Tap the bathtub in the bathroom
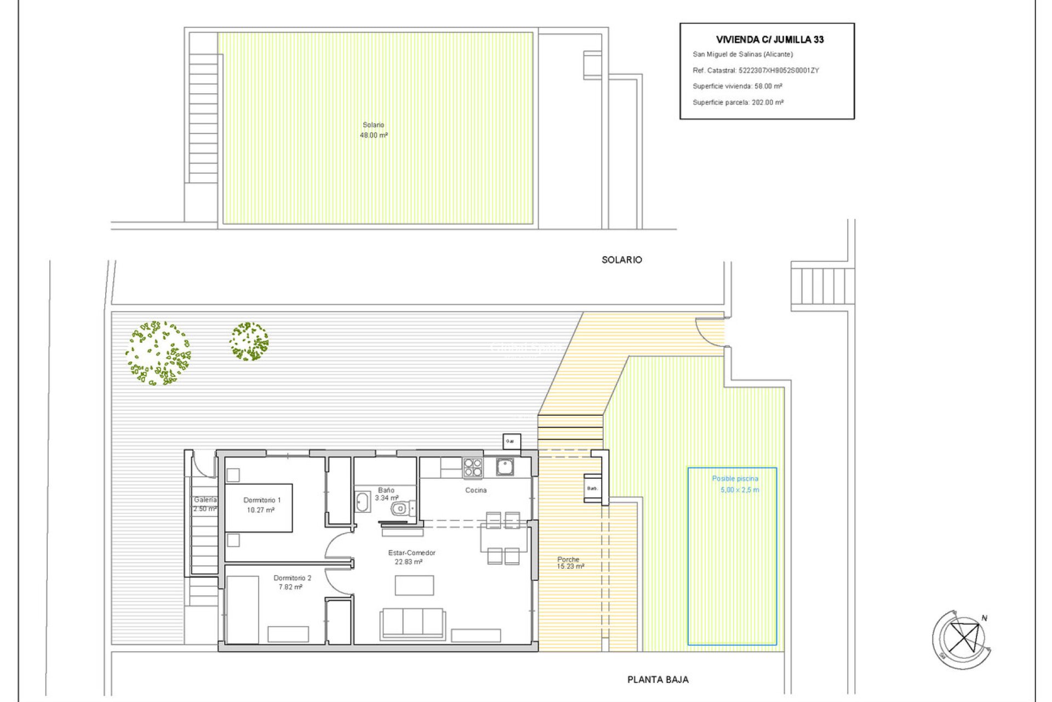[x=362, y=502]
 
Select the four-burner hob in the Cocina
[x=473, y=468]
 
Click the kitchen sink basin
[x=505, y=467]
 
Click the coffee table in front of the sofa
[x=414, y=585]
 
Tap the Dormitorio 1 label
[x=262, y=500]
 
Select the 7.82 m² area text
[x=290, y=587]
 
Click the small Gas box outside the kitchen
[x=511, y=441]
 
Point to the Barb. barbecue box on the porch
[x=593, y=488]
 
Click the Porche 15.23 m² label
[x=570, y=563]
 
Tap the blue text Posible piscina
[x=735, y=479]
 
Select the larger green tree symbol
[x=158, y=353]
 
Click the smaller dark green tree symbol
[x=249, y=341]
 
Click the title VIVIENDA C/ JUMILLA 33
[x=769, y=39]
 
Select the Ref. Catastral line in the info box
[x=756, y=70]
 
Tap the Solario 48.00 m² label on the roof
[x=374, y=130]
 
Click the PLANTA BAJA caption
[x=658, y=680]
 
